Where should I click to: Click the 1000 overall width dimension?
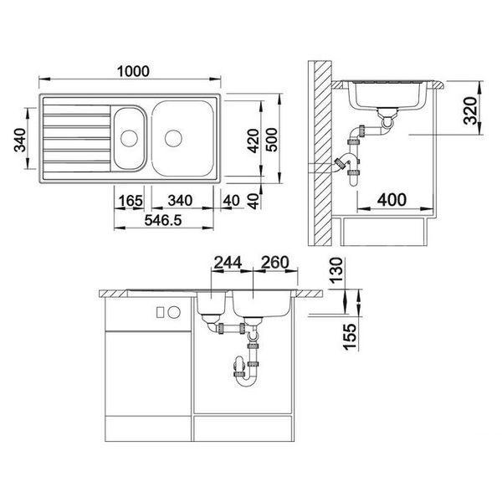coord(133,71)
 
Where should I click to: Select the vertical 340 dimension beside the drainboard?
coord(20,140)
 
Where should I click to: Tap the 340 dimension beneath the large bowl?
coord(180,201)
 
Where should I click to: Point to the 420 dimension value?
coord(254,141)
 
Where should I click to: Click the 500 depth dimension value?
coord(272,140)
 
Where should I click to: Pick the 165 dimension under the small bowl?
coord(131,201)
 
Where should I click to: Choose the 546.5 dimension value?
coord(163,220)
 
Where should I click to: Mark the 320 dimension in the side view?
coord(470,110)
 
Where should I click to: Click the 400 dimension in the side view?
coord(392,199)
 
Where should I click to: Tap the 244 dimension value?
coord(228,263)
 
